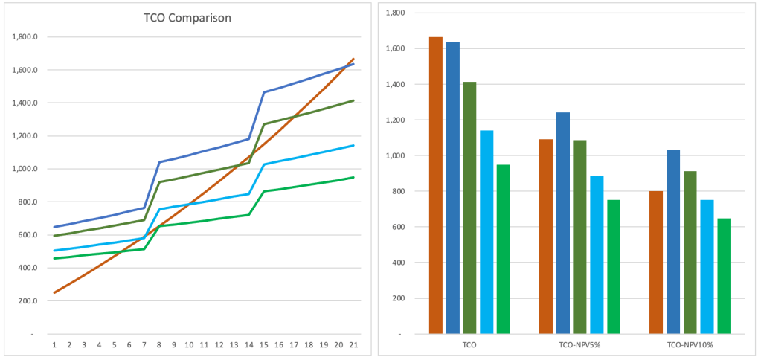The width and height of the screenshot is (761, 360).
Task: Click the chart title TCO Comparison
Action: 187,18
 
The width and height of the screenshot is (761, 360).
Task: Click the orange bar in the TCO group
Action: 436,185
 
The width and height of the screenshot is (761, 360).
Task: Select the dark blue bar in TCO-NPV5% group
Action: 563,223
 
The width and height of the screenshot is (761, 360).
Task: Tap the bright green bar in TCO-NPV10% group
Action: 725,276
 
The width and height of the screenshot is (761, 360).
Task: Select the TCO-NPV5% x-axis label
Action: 579,346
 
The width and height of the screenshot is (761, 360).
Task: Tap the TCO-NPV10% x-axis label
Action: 690,346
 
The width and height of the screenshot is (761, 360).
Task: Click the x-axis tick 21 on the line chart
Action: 353,345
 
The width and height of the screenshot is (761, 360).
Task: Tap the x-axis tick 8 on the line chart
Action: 159,345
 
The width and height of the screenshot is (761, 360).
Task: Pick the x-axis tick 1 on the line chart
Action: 54,345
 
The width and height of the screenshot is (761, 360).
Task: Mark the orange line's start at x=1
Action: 54,292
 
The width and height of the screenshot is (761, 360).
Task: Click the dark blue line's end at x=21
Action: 353,64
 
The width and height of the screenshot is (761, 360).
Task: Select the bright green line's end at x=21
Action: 353,178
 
